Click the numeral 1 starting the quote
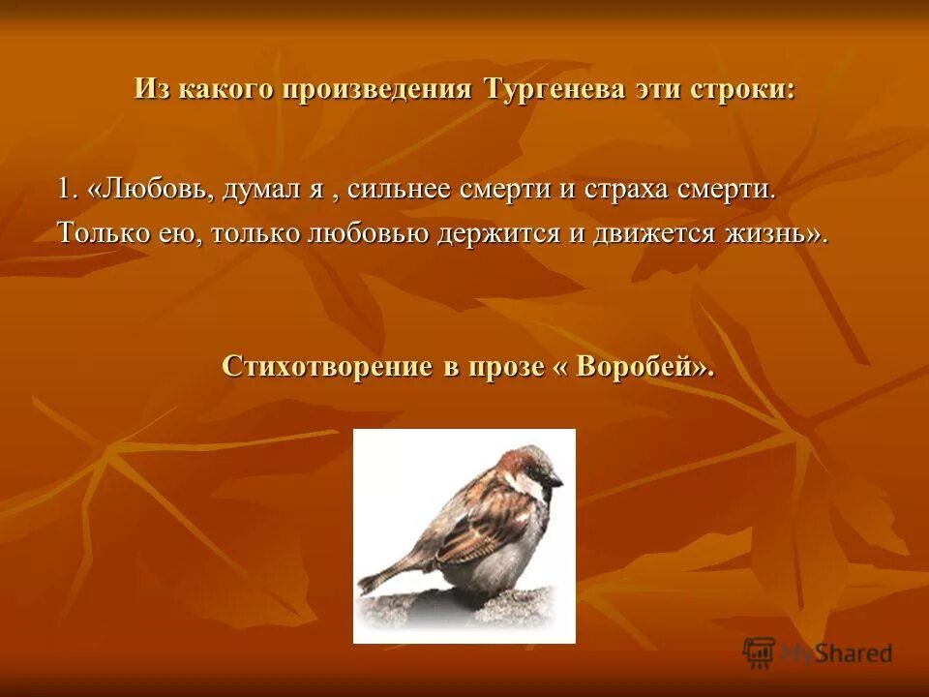pyautogui.click(x=65, y=189)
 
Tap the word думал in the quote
pyautogui.click(x=261, y=189)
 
